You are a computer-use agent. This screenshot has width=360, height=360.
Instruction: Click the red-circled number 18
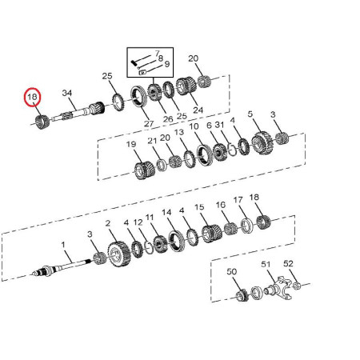(x=32, y=97)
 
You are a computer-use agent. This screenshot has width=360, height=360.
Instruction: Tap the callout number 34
(x=67, y=93)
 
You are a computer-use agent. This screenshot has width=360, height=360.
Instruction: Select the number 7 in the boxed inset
(x=157, y=53)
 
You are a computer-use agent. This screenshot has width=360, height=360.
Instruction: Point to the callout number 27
(x=149, y=123)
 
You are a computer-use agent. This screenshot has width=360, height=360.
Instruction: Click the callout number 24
(x=198, y=110)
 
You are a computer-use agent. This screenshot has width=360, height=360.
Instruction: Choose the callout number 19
(x=131, y=144)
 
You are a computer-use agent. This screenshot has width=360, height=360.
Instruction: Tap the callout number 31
(x=219, y=125)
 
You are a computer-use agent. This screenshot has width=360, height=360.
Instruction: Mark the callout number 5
(x=250, y=114)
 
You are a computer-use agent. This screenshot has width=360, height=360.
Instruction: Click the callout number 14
(x=166, y=213)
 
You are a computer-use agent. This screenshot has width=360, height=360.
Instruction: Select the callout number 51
(x=266, y=264)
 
